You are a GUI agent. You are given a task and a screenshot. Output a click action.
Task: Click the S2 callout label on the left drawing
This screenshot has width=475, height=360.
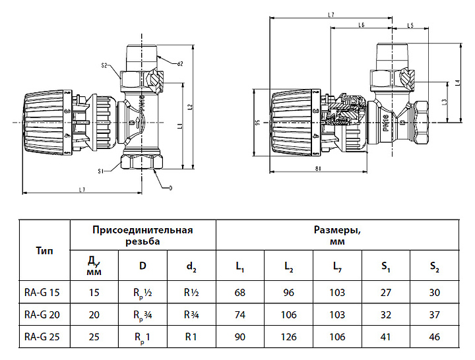(x=105, y=66)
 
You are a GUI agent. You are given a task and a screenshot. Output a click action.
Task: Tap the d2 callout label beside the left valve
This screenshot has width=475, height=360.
(x=179, y=63)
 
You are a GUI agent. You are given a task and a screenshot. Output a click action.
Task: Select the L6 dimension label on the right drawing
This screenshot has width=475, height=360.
(x=361, y=25)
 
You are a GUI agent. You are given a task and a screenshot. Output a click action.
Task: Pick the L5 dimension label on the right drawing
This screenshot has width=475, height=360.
(x=410, y=25)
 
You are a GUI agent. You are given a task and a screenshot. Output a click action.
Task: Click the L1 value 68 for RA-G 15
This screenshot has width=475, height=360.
(x=240, y=293)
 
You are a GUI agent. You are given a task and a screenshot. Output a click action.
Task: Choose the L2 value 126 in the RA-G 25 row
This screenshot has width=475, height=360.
(x=289, y=337)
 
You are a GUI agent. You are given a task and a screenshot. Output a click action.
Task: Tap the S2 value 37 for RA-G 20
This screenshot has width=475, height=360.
(x=433, y=315)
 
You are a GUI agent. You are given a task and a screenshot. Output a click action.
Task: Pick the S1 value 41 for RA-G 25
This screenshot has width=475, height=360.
(x=385, y=337)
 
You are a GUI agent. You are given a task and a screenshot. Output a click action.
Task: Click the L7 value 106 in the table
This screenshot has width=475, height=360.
(x=337, y=337)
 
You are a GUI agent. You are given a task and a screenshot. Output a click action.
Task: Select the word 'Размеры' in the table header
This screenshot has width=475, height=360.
(x=336, y=230)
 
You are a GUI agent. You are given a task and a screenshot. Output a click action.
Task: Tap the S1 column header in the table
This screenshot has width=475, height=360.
(x=385, y=267)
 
